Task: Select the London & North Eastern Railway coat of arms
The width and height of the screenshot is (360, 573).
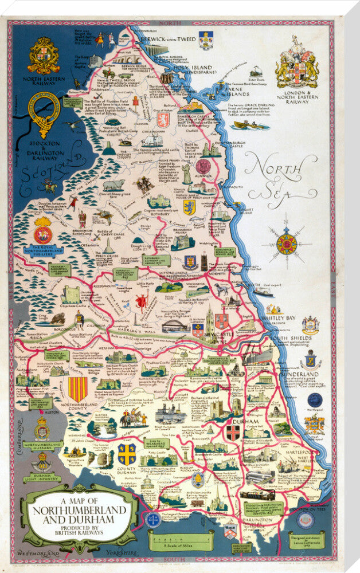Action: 296,63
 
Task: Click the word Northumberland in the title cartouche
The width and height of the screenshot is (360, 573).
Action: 80,509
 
